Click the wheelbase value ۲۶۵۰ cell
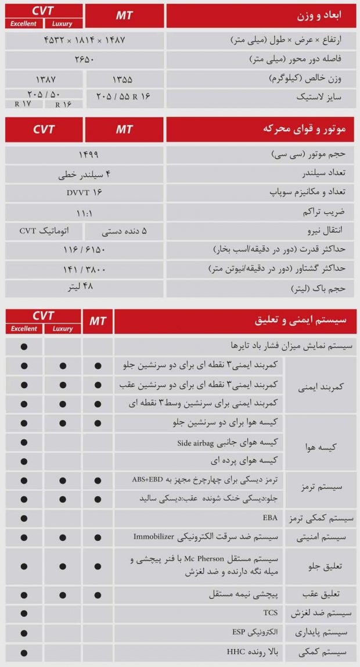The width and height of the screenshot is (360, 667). [85, 59]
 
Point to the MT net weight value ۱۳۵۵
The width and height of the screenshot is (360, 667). [124, 78]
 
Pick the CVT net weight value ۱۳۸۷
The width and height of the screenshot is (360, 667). [45, 78]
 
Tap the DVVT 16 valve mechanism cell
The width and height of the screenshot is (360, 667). [85, 192]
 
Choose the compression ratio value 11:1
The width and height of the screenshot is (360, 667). [85, 212]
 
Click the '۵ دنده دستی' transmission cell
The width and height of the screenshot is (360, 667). [124, 231]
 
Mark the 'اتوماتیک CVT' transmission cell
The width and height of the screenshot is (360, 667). [45, 231]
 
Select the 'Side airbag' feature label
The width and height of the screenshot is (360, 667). [227, 443]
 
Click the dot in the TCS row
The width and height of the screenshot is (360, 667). [24, 613]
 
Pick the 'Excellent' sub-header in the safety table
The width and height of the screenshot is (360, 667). [24, 329]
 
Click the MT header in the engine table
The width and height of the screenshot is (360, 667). [124, 130]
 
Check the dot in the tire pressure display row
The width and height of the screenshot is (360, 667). [24, 346]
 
